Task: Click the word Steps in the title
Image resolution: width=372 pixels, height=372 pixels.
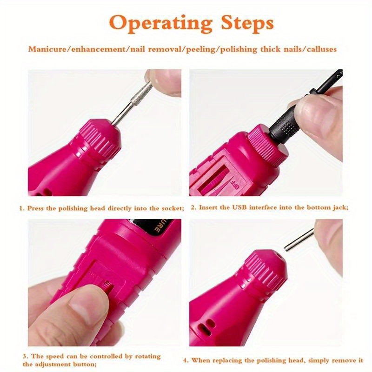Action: pos(247,23)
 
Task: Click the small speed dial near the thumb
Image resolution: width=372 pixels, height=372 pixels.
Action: pos(109,284)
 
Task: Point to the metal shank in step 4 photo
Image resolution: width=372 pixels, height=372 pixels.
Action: pos(299,239)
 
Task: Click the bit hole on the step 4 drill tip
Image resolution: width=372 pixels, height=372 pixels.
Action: pos(279,257)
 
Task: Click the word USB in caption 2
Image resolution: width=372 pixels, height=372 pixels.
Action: pos(239,207)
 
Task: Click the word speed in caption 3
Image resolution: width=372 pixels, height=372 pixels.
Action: pos(55,356)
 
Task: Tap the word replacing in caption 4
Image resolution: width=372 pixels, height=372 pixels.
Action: pos(227,360)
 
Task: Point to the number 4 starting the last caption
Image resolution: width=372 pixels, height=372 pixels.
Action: pos(186,361)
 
